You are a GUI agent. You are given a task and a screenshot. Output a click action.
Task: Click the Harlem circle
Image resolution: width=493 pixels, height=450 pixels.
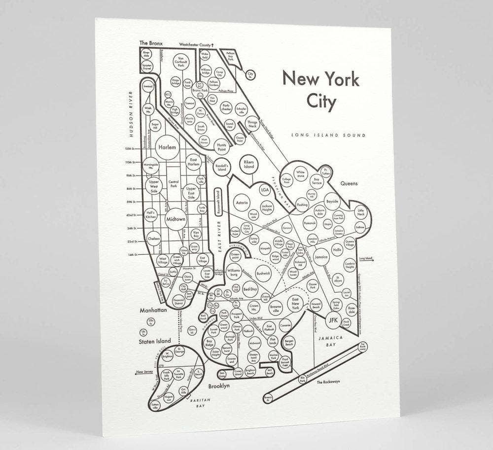point(168,147)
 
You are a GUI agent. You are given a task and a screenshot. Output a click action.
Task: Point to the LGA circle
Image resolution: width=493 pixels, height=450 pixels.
point(265,190)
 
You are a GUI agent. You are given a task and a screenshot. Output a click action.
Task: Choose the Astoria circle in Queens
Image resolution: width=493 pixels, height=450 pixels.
point(242,203)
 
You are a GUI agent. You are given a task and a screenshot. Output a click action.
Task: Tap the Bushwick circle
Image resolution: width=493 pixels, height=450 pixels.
point(264,273)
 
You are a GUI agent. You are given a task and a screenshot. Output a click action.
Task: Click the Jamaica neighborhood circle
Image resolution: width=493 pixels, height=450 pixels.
point(321,257)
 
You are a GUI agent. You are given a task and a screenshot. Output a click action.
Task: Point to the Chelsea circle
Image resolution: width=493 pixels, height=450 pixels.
point(153,239)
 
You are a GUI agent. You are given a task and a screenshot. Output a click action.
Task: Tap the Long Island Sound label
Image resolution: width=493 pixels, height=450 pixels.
point(328,135)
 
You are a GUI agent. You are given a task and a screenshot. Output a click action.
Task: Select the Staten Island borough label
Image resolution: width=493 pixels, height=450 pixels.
point(154,341)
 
